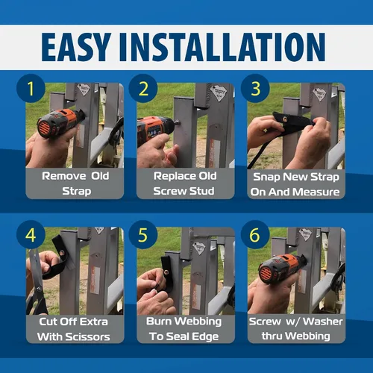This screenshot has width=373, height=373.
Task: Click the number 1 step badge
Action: coord(31,88)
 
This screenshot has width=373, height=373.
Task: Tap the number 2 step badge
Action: coord(143,88)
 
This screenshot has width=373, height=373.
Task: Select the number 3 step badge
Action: coord(255,88)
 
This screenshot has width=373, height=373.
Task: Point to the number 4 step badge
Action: coord(31,234)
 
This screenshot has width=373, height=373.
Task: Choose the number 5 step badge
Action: coord(143,234)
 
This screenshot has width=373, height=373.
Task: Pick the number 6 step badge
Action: coord(255,234)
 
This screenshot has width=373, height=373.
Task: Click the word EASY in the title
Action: coord(76,47)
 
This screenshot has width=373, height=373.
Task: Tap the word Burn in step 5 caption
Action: coord(159,322)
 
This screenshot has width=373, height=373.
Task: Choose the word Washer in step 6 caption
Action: coord(323,322)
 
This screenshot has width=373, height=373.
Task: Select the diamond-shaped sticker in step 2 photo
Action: coord(219,93)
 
